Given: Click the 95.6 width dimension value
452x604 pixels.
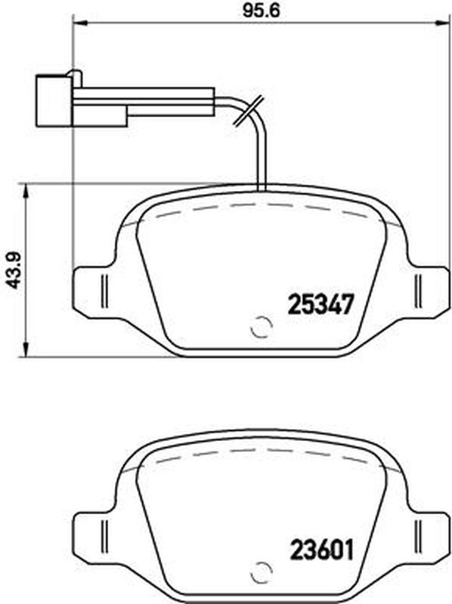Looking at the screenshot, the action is [x=261, y=11].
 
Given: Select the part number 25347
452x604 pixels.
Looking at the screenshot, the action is [x=320, y=304].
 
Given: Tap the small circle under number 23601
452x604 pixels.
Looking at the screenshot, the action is [x=262, y=574].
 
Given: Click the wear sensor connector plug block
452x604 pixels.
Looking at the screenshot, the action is [x=54, y=100].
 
